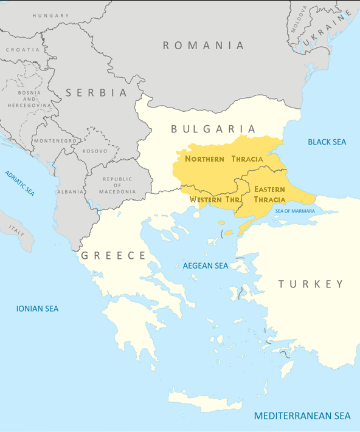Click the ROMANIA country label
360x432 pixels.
click(203, 46)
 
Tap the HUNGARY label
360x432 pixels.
click(50, 15)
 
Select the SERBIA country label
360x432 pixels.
click(97, 93)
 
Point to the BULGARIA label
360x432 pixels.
click(213, 129)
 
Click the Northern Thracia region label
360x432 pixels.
click(224, 159)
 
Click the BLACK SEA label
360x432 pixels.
click(327, 142)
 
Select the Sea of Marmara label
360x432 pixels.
click(295, 211)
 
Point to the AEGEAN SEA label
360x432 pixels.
click(206, 266)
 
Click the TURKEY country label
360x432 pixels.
click(311, 284)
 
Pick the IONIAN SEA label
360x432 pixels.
click(37, 309)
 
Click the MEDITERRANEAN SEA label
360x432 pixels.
click(302, 416)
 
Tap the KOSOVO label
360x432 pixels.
click(95, 150)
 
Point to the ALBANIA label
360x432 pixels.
click(71, 191)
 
